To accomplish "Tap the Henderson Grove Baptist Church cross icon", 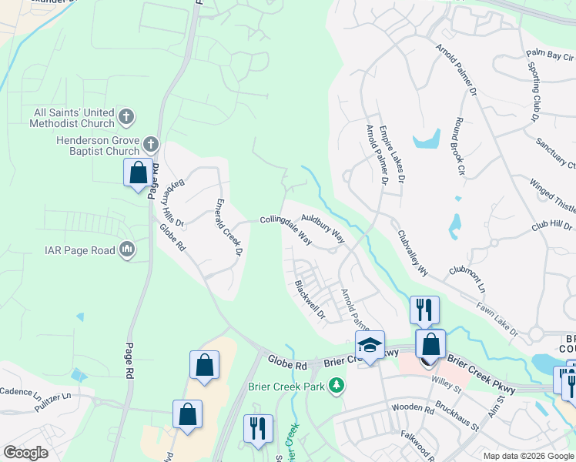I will click(x=151, y=143).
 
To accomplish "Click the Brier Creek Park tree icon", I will click(x=336, y=384).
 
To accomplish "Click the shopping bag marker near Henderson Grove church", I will click(x=138, y=172).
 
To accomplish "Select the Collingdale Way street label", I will click(x=286, y=228).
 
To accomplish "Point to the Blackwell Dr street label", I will click(x=311, y=299).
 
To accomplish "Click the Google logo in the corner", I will click(x=25, y=453).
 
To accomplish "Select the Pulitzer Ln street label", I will click(x=69, y=393).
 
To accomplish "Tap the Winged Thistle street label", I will click(x=553, y=197).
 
